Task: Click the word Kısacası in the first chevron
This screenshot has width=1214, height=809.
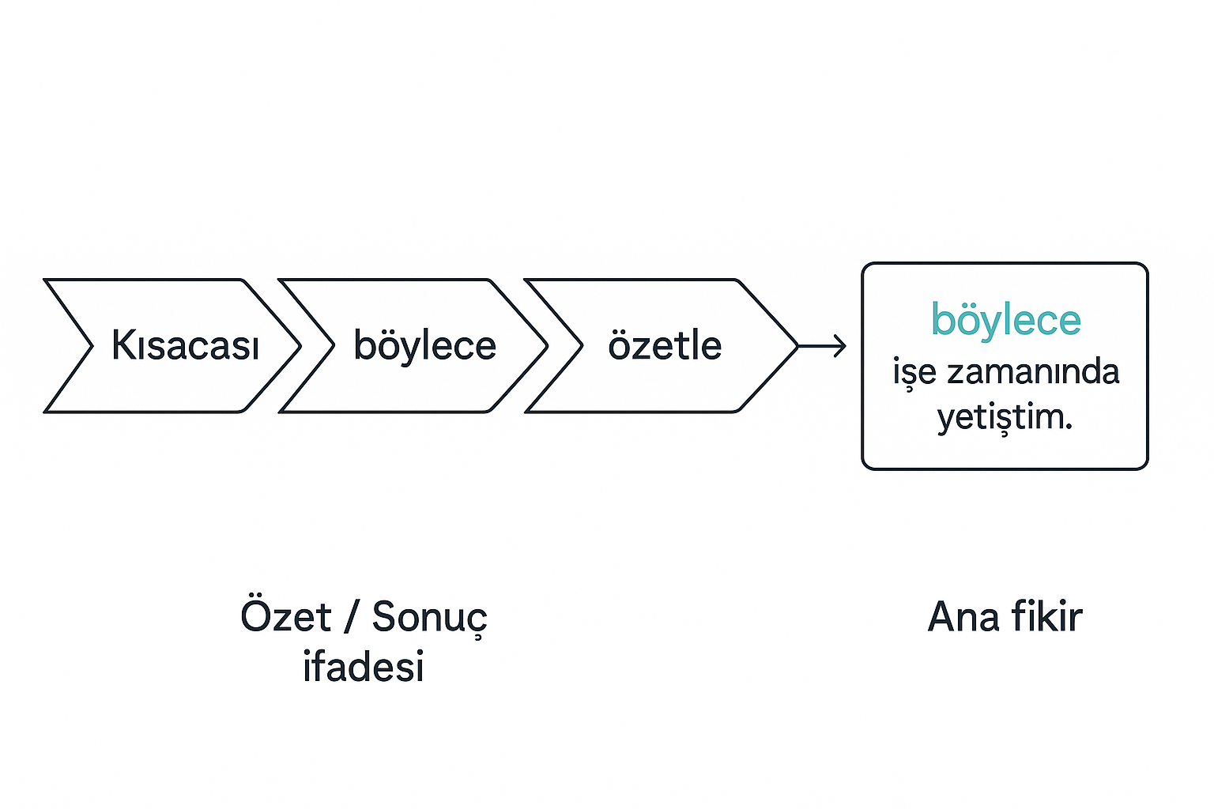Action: tap(185, 345)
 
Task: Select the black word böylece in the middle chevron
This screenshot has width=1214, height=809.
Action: tap(424, 345)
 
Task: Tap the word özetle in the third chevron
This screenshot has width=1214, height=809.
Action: tap(665, 345)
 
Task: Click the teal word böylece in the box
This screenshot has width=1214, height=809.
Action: tap(1005, 320)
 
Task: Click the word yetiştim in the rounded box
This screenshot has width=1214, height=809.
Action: tap(1001, 417)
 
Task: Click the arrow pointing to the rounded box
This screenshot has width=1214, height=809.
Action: tap(822, 345)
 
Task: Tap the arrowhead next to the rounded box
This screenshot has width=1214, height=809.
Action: tap(842, 345)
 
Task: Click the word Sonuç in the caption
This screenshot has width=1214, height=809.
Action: tap(429, 618)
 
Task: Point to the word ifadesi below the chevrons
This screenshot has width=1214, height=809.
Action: tap(364, 666)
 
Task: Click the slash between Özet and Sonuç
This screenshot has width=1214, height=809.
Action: tap(351, 617)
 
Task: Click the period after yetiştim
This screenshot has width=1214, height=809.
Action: tap(1069, 426)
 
